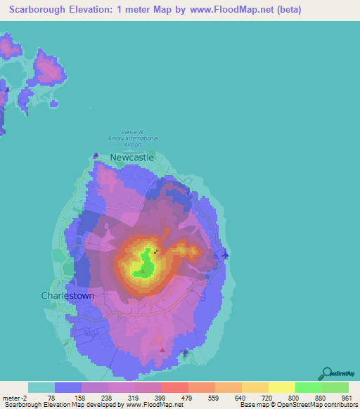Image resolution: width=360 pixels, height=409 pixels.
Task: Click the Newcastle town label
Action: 131,158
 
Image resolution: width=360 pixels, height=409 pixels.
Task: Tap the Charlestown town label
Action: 67,296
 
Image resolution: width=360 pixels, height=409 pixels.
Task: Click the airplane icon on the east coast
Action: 225,254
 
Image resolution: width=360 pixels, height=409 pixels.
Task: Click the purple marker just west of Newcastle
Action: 96,156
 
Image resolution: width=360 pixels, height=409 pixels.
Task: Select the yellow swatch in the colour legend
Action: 282,387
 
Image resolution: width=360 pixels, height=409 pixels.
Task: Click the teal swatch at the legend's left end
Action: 41,387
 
